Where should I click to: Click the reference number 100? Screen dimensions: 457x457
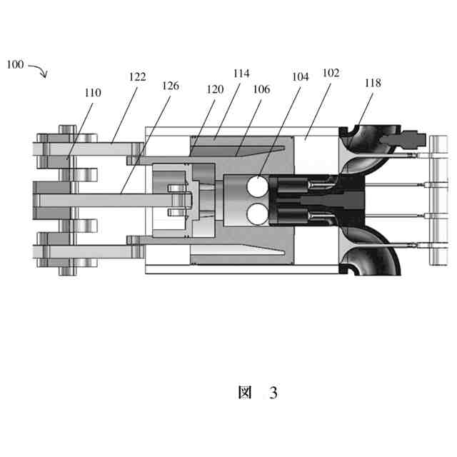(x=15, y=64)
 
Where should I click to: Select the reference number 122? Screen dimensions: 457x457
(x=137, y=76)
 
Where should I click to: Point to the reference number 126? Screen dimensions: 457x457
(x=170, y=85)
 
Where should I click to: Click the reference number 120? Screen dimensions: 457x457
(x=214, y=89)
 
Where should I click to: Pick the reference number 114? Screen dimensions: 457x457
(x=241, y=73)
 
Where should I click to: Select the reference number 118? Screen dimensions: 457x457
(x=372, y=84)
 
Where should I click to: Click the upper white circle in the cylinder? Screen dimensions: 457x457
(x=256, y=188)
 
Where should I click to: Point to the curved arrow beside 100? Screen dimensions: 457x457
(x=38, y=71)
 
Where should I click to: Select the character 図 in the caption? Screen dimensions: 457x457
(x=244, y=393)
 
